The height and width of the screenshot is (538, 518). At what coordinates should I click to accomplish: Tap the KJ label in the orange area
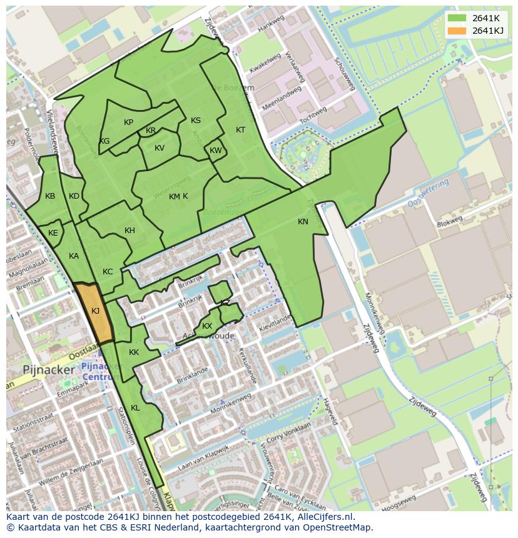pos(95,311)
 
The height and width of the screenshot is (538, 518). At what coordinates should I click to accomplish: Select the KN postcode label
pos(303,222)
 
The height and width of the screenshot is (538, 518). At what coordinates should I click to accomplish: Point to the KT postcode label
pos(240,130)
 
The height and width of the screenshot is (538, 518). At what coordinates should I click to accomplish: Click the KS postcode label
pos(196,121)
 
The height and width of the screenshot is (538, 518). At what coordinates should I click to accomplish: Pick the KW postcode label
pos(215,151)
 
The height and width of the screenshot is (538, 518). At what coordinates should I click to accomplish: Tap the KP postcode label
pos(128,122)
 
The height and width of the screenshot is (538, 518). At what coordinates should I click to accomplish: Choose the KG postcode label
pos(104,141)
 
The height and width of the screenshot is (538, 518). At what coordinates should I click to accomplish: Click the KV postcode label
pos(160,148)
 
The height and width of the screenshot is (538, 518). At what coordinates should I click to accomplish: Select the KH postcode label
pos(129,231)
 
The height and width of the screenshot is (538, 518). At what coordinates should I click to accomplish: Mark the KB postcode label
pos(50,196)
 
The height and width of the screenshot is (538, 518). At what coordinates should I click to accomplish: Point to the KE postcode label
pos(53,233)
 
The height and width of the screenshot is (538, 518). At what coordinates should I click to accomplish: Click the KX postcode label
pos(207,326)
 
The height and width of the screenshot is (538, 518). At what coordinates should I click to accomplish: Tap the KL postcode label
pos(135,408)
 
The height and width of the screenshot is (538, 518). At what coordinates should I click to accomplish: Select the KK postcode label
pos(134,352)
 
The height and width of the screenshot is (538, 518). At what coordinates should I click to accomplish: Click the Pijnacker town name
pos(49,370)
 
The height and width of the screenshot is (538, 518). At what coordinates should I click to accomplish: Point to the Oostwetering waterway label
pos(428,194)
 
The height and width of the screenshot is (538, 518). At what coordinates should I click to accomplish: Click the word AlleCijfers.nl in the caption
pos(325,517)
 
